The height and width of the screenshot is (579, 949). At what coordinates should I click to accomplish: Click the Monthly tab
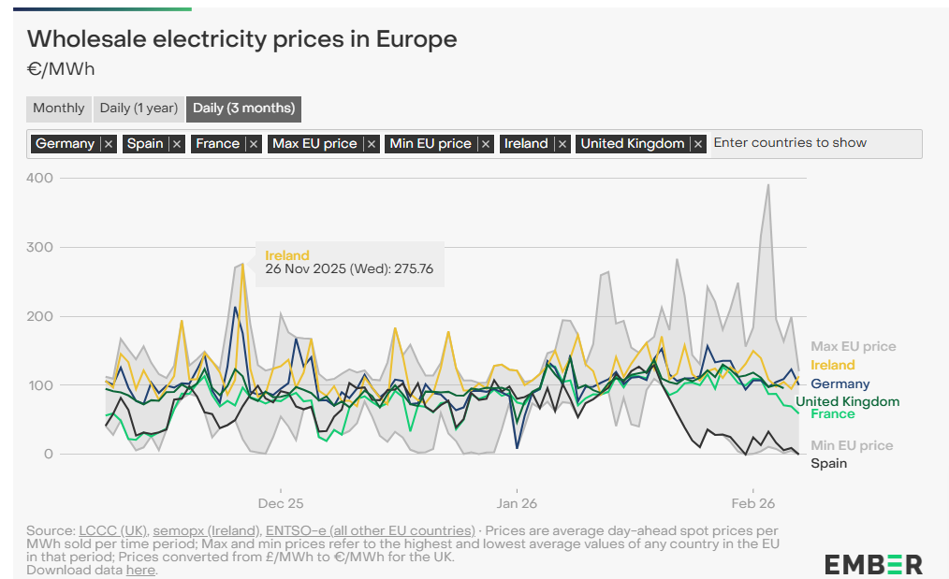pyautogui.click(x=58, y=109)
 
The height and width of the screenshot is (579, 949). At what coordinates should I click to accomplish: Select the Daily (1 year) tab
pyautogui.click(x=139, y=109)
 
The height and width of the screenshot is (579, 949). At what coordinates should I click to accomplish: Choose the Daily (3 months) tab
pyautogui.click(x=243, y=109)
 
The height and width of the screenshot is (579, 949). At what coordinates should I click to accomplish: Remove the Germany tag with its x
pyautogui.click(x=109, y=144)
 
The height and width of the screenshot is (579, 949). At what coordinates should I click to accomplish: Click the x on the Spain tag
pyautogui.click(x=177, y=144)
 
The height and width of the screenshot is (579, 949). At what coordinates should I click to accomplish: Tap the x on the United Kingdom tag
pyautogui.click(x=698, y=144)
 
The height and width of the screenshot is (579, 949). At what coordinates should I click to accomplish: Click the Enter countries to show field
pyautogui.click(x=814, y=144)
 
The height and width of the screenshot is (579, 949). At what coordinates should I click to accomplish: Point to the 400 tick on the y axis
pyautogui.click(x=41, y=178)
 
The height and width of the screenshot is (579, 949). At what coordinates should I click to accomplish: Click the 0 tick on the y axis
pyautogui.click(x=48, y=455)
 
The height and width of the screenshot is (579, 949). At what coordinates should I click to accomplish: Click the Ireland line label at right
pyautogui.click(x=832, y=366)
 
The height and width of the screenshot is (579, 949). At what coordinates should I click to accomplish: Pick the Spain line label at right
pyautogui.click(x=828, y=464)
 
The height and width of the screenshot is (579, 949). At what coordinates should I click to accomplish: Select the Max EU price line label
pyautogui.click(x=853, y=347)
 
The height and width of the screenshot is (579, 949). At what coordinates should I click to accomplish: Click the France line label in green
pyautogui.click(x=832, y=414)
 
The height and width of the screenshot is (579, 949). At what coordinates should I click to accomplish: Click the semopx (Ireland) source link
pyautogui.click(x=207, y=531)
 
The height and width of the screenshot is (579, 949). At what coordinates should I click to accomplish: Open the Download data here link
pyautogui.click(x=140, y=570)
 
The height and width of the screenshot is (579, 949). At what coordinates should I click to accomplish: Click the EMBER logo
pyautogui.click(x=872, y=564)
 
